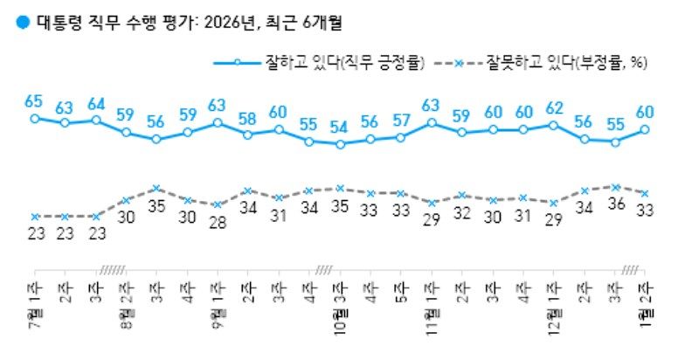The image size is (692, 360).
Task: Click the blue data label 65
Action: (x=34, y=99)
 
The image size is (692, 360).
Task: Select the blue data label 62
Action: (x=552, y=109)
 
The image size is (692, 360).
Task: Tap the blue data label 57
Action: (x=401, y=120)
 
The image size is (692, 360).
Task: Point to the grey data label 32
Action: (x=462, y=215)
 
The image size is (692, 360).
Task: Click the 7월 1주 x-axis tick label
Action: (x=35, y=301)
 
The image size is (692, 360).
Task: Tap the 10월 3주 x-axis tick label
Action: (x=340, y=306)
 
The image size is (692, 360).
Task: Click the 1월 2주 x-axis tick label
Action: (x=645, y=301)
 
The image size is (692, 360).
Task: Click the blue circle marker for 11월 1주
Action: (x=432, y=122)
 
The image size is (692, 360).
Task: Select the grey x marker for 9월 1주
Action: (x=217, y=204)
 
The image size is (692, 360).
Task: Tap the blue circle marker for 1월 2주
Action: (x=645, y=129)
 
